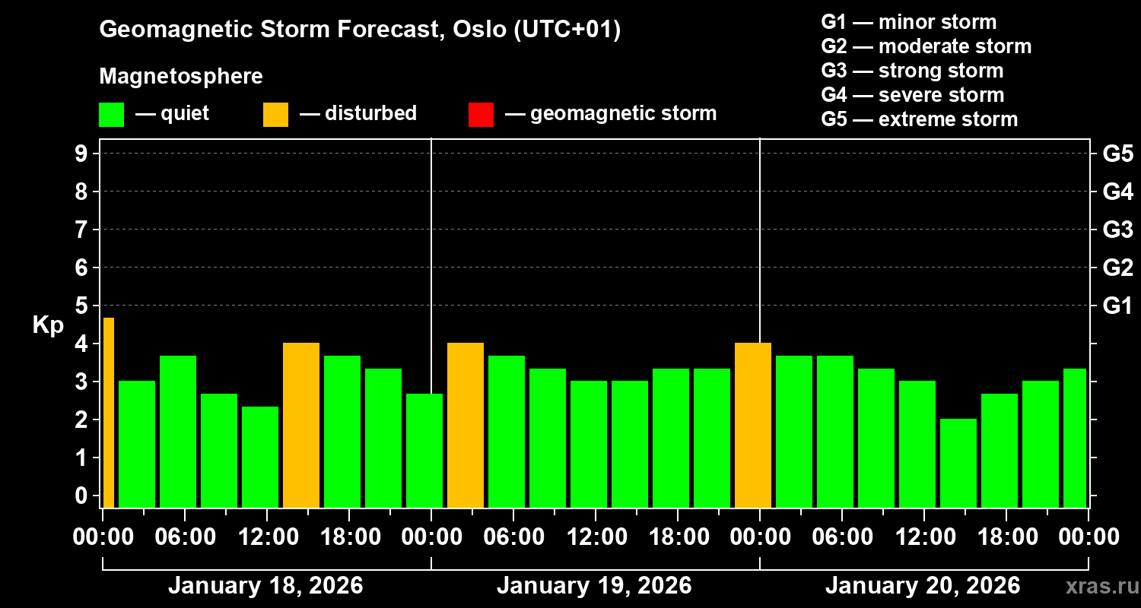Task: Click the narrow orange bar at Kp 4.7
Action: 108,413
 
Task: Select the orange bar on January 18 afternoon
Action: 301,426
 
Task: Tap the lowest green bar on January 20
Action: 958,463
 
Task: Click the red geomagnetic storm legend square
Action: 481,115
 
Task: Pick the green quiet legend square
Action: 111,115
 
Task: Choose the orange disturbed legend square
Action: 275,115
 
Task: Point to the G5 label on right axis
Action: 1117,154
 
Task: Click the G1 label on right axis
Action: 1117,306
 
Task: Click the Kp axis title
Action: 47,325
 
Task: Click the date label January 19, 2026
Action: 594,586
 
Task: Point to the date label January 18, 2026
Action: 265,586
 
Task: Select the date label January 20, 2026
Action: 923,586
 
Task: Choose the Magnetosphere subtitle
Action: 181,77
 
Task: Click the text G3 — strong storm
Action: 912,71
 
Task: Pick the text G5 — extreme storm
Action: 919,119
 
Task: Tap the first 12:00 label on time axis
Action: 268,537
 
